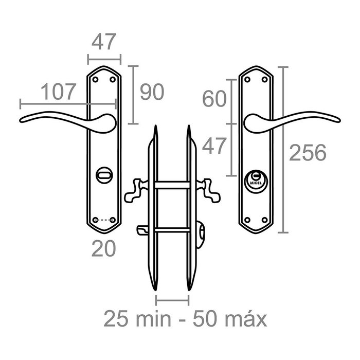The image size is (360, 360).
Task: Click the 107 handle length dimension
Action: pyautogui.click(x=58, y=92)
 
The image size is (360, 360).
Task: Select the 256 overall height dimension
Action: pyautogui.click(x=308, y=152)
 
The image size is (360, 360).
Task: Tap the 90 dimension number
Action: pyautogui.click(x=152, y=92)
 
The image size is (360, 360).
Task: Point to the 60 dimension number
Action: pyautogui.click(x=214, y=99)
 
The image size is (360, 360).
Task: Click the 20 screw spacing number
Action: pyautogui.click(x=103, y=248)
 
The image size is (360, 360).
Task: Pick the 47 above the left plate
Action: pyautogui.click(x=104, y=42)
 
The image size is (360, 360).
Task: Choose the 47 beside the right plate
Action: pyautogui.click(x=214, y=146)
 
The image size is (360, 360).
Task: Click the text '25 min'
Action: pyautogui.click(x=137, y=319)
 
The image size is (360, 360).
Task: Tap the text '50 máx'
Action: pyautogui.click(x=229, y=319)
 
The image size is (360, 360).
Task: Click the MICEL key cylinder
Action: pyautogui.click(x=256, y=182)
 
